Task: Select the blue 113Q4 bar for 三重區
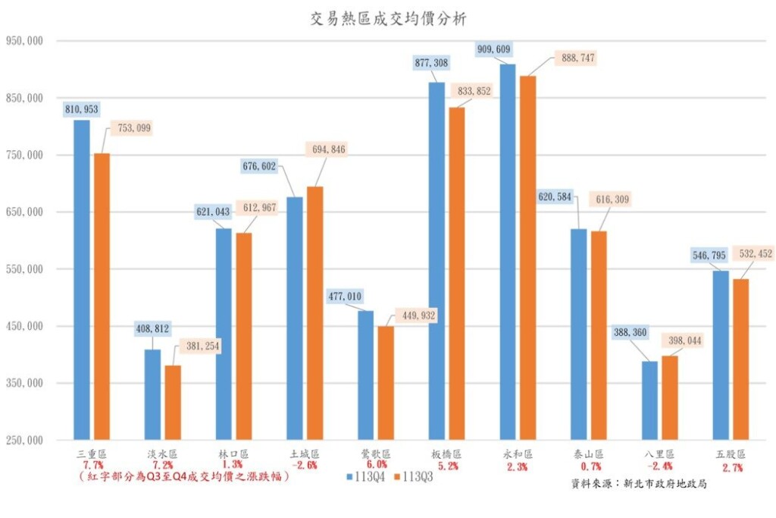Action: [82, 280]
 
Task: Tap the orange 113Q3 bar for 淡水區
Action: [174, 402]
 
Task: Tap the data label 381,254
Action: [199, 345]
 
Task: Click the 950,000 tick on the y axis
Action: [25, 41]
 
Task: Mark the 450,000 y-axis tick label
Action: [25, 326]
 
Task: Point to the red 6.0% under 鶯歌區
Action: [376, 465]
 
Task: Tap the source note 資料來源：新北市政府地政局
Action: [639, 482]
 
